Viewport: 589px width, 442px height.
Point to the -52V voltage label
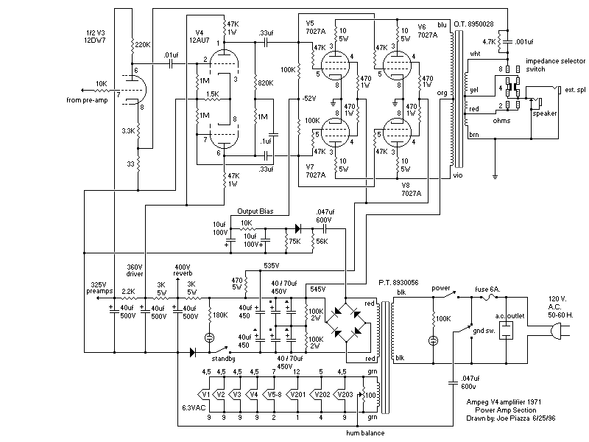tap(308, 99)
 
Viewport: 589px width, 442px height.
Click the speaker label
tap(545, 113)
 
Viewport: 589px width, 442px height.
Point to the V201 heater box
tap(297, 393)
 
